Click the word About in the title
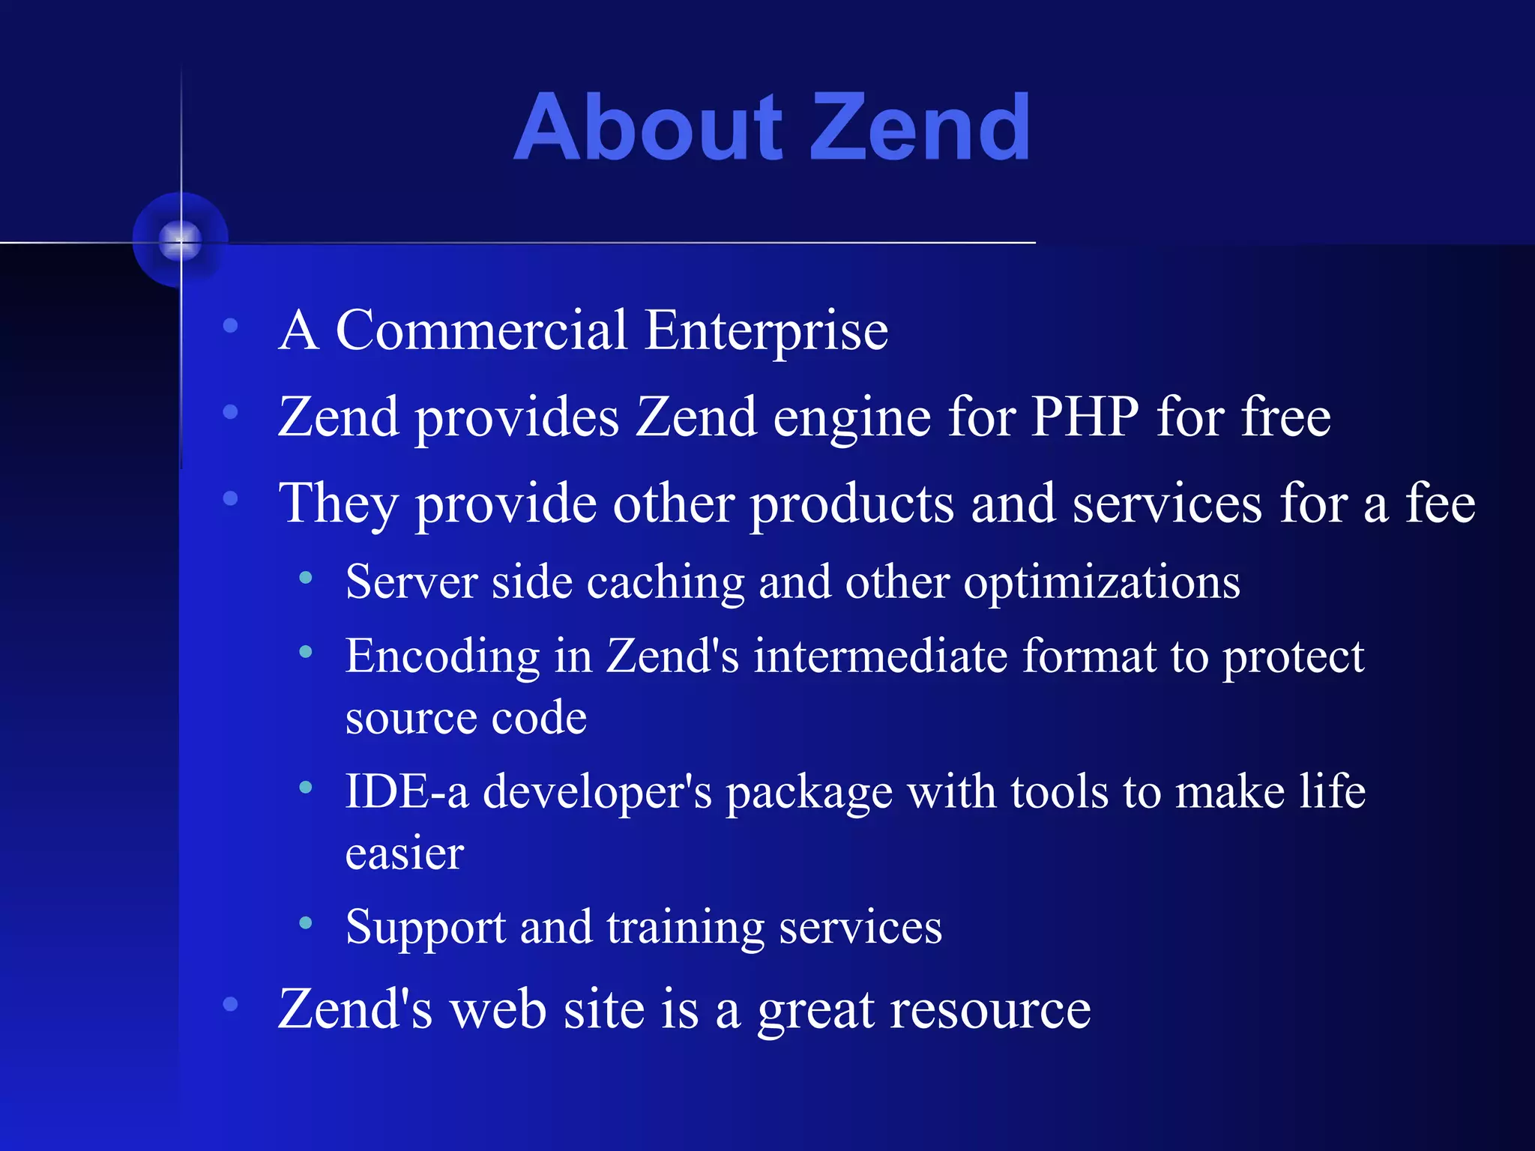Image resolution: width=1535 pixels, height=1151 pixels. pyautogui.click(x=649, y=127)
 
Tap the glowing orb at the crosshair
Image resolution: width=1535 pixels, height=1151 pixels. pyautogui.click(x=180, y=241)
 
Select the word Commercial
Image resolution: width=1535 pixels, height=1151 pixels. pyautogui.click(x=480, y=330)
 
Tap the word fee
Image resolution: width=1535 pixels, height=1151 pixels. pyautogui.click(x=1440, y=503)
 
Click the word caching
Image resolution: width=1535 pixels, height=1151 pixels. pyautogui.click(x=666, y=583)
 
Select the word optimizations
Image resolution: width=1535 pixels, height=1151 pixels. pyautogui.click(x=1101, y=583)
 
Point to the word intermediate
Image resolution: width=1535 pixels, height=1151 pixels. pyautogui.click(x=880, y=656)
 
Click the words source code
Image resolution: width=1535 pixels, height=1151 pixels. pyautogui.click(x=465, y=718)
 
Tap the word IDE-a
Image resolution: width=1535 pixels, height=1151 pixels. pyautogui.click(x=407, y=791)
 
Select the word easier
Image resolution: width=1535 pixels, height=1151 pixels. pyautogui.click(x=405, y=854)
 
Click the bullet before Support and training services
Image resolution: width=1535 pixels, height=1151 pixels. pyautogui.click(x=305, y=923)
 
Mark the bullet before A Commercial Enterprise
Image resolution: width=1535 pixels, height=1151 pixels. pyautogui.click(x=230, y=326)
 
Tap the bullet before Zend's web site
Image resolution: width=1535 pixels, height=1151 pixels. pyautogui.click(x=230, y=1004)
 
